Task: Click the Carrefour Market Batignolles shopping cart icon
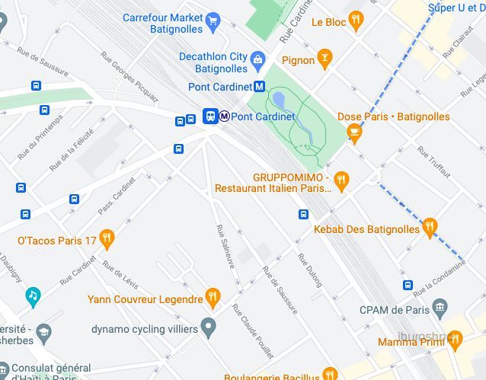click(x=214, y=22)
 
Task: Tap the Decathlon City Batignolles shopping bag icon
click(x=257, y=59)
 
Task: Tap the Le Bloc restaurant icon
click(x=355, y=21)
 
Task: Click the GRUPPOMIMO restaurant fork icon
click(x=341, y=180)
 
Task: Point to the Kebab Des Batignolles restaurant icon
click(x=430, y=226)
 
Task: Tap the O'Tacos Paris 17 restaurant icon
click(x=107, y=240)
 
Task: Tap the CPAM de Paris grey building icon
click(x=440, y=308)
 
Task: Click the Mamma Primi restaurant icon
click(x=455, y=340)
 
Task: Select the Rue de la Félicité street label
click(x=72, y=148)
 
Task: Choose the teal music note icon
click(x=33, y=295)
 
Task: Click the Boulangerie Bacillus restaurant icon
click(x=329, y=374)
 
